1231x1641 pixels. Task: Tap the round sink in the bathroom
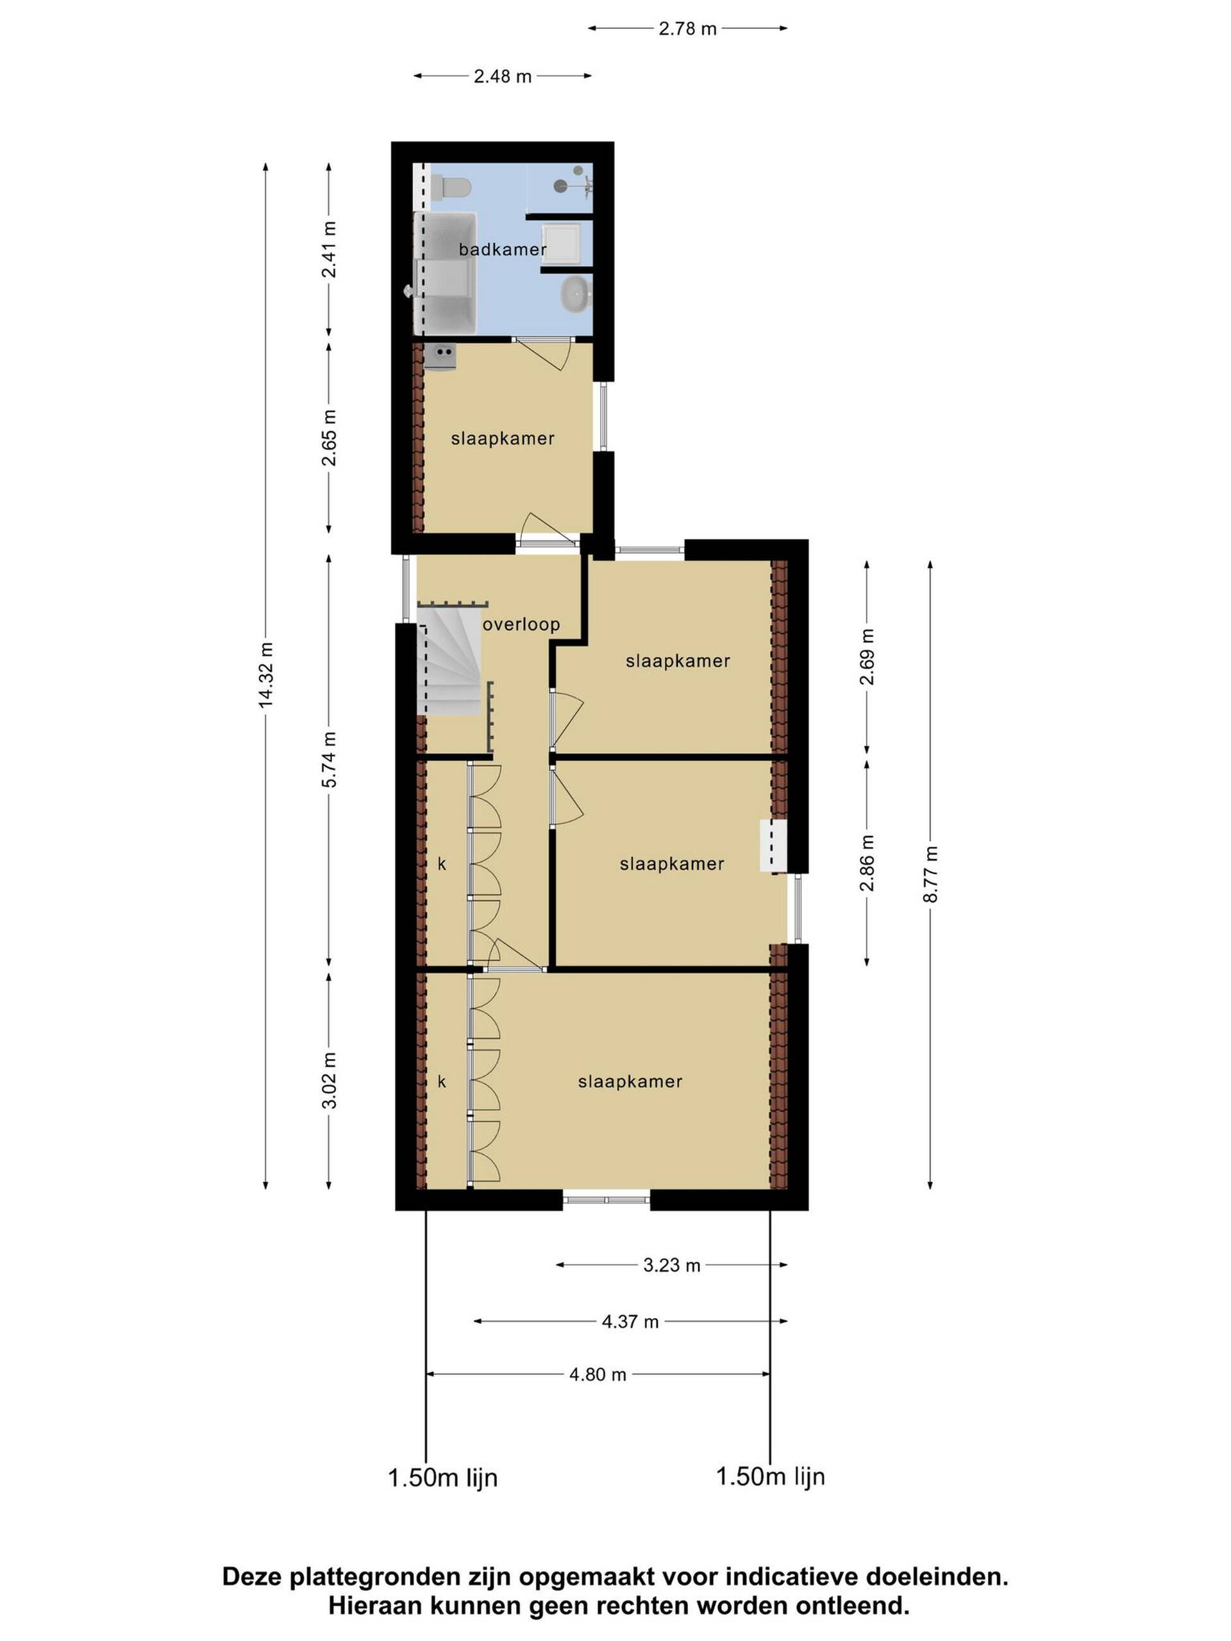pyautogui.click(x=576, y=294)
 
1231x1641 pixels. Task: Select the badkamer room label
pyautogui.click(x=503, y=249)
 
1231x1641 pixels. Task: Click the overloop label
pyautogui.click(x=521, y=624)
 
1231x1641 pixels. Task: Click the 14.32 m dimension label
pyautogui.click(x=265, y=675)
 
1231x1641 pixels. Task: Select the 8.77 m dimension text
pyautogui.click(x=930, y=874)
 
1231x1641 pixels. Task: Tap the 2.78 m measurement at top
pyautogui.click(x=687, y=29)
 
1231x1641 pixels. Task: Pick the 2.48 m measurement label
pyautogui.click(x=503, y=76)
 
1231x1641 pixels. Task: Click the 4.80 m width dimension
pyautogui.click(x=598, y=1375)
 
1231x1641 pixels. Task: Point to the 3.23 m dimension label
pyautogui.click(x=671, y=1265)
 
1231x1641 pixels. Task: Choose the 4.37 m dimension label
pyautogui.click(x=630, y=1321)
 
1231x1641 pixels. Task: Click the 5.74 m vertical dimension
pyautogui.click(x=330, y=760)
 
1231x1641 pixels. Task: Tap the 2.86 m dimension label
pyautogui.click(x=867, y=863)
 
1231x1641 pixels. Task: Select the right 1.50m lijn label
pyautogui.click(x=770, y=1476)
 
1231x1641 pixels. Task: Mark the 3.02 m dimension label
pyautogui.click(x=330, y=1080)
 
